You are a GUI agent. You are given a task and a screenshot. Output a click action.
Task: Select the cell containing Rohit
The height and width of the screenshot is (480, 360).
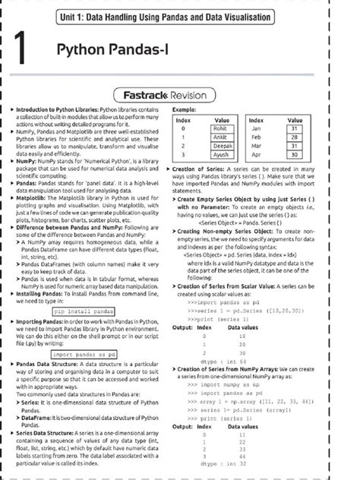pos(223,128)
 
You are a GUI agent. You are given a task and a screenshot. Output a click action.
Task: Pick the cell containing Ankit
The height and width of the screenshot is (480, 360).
pos(223,136)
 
